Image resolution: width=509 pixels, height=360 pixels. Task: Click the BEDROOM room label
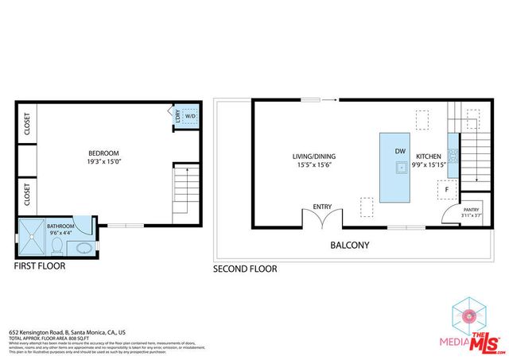103,153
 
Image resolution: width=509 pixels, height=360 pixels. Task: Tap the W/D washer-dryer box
189,116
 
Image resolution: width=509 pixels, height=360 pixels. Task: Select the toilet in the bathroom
64,246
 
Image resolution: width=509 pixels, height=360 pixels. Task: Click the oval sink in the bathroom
85,248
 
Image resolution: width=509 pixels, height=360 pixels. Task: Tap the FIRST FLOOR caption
40,266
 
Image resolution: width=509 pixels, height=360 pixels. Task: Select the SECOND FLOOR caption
245,269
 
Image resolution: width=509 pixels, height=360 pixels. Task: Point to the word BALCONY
350,245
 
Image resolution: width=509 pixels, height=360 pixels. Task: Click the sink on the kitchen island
399,168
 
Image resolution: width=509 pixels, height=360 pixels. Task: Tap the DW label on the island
400,150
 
